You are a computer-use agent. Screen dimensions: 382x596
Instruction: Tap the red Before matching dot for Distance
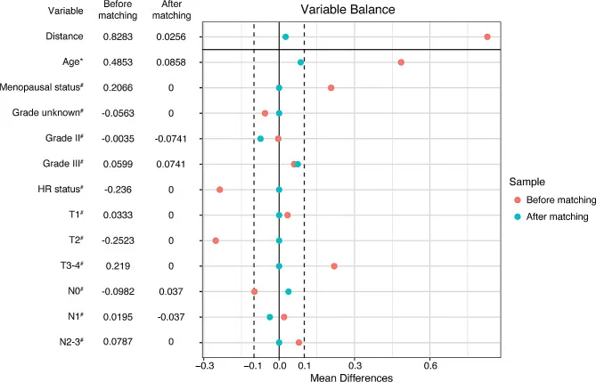point(487,37)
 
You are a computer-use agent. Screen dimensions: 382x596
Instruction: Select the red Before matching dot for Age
point(402,62)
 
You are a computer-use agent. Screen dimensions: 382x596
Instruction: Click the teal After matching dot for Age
point(301,62)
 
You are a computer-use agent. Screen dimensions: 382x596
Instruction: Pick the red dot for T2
point(216,240)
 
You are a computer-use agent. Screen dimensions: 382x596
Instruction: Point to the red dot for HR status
point(220,190)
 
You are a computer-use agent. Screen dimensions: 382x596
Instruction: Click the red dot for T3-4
point(334,266)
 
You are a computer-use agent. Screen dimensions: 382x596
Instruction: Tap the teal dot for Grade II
point(261,139)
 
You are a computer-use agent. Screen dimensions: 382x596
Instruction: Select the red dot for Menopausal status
point(331,88)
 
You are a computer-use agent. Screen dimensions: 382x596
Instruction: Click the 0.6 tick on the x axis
point(430,364)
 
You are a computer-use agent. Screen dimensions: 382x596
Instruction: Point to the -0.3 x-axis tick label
point(204,364)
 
